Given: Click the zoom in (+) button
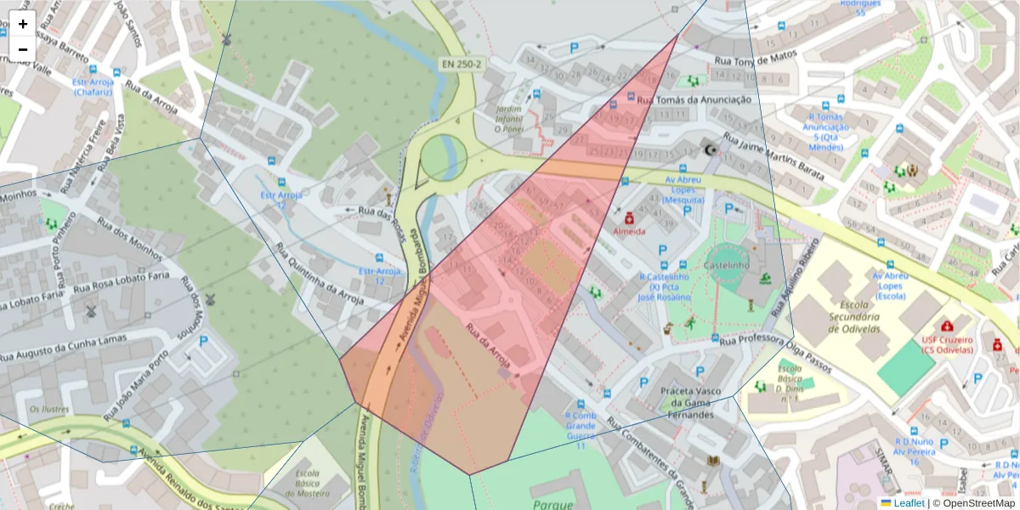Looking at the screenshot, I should [x=23, y=24].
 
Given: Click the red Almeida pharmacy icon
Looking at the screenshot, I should [x=628, y=218].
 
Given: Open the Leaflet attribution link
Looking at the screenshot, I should [x=908, y=503].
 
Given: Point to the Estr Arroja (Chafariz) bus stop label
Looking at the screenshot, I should [x=92, y=88].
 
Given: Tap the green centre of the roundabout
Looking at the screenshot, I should [x=444, y=157].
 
